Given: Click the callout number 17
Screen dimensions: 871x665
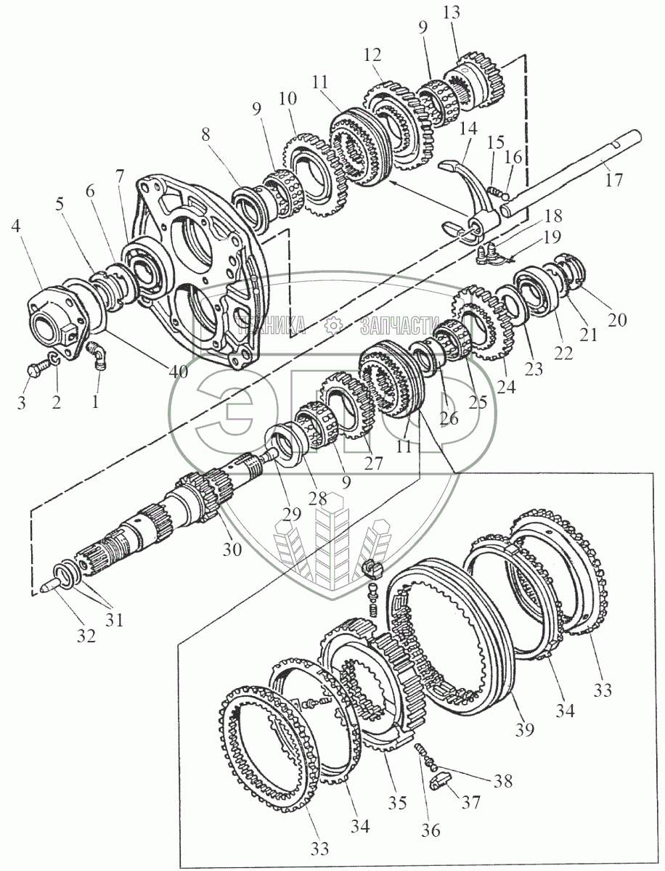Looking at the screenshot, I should pyautogui.click(x=614, y=180).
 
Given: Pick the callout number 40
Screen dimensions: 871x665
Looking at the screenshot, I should pyautogui.click(x=179, y=372).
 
